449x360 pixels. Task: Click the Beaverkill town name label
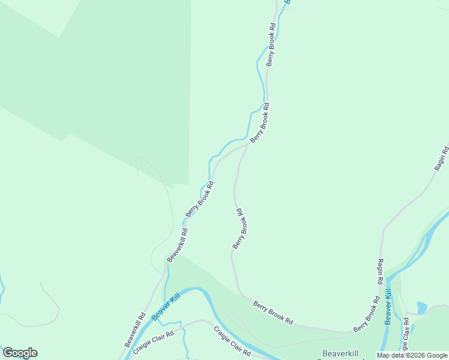pos(340,353)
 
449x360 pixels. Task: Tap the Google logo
pos(20,353)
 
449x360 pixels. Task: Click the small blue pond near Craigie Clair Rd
pos(421,307)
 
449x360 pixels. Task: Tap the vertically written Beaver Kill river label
pos(388,307)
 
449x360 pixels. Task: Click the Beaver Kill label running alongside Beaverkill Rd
pos(166,307)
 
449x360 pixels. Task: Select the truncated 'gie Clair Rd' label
pos(406,336)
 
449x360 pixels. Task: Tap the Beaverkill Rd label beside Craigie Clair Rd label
pos(135,329)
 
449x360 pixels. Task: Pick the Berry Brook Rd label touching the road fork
pos(260,122)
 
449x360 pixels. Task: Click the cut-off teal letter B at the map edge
pos(287,2)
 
